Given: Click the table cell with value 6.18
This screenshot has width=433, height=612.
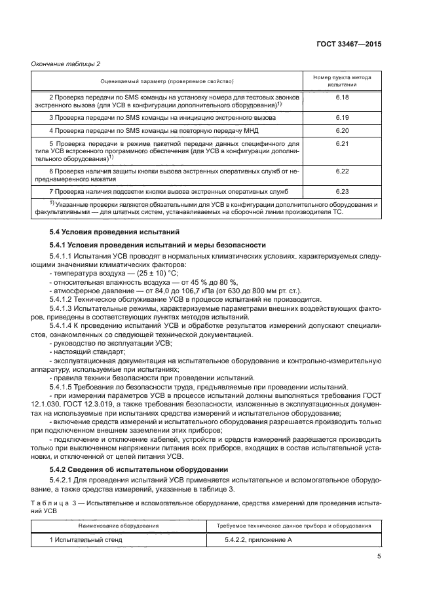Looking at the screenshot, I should pyautogui.click(x=341, y=97).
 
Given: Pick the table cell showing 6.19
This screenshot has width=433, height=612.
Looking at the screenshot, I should pyautogui.click(x=341, y=117).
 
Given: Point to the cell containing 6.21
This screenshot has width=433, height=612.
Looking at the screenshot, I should pyautogui.click(x=341, y=143).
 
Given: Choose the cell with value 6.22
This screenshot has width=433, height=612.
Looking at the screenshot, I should pyautogui.click(x=341, y=171).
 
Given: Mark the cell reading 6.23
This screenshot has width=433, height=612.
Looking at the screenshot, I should pyautogui.click(x=341, y=191).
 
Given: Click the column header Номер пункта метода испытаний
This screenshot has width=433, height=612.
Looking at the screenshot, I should pyautogui.click(x=341, y=81).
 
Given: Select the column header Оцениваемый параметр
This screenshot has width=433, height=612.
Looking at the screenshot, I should pyautogui.click(x=167, y=81).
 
